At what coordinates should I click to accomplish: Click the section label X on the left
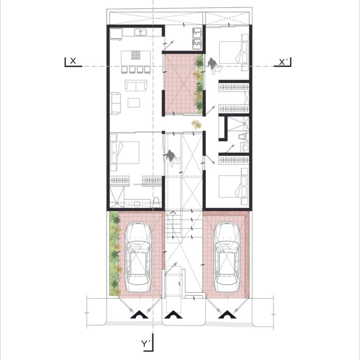(x=73, y=61)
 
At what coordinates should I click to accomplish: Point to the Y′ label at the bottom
(x=145, y=344)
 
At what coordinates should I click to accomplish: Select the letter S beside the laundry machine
(x=197, y=44)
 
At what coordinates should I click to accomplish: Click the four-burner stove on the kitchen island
(x=135, y=55)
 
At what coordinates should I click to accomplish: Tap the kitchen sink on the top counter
(x=141, y=32)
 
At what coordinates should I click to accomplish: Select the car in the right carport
(x=227, y=257)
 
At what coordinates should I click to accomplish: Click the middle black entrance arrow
(x=174, y=315)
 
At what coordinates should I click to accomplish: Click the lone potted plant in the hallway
(x=196, y=124)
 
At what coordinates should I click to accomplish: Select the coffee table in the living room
(x=134, y=103)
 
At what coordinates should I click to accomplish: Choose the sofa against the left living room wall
(x=115, y=103)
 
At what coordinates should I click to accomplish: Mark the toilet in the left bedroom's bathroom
(x=156, y=202)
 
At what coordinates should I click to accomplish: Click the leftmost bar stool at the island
(x=124, y=69)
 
